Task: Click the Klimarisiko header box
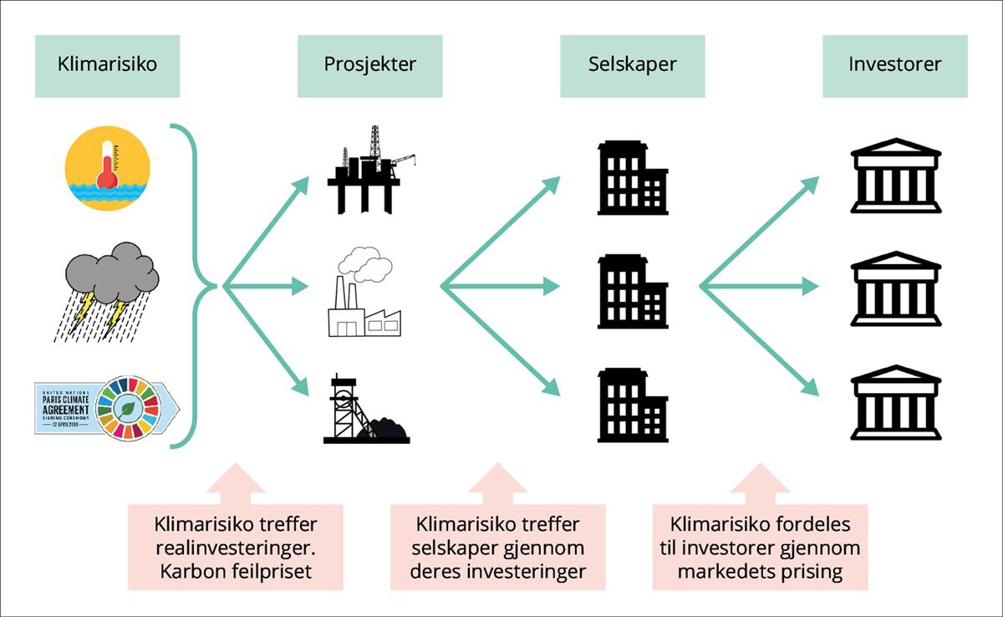pos(107,65)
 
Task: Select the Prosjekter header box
pos(369,65)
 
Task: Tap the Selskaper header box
pos(632,65)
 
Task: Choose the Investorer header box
pos(894,65)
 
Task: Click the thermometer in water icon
pos(107,168)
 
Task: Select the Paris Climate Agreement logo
pos(107,407)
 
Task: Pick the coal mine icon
pos(364,409)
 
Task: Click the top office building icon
pos(632,177)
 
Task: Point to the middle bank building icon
pos(895,287)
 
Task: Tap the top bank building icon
pos(895,175)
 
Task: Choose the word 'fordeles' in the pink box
pos(806,524)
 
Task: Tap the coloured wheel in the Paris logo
pos(127,407)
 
